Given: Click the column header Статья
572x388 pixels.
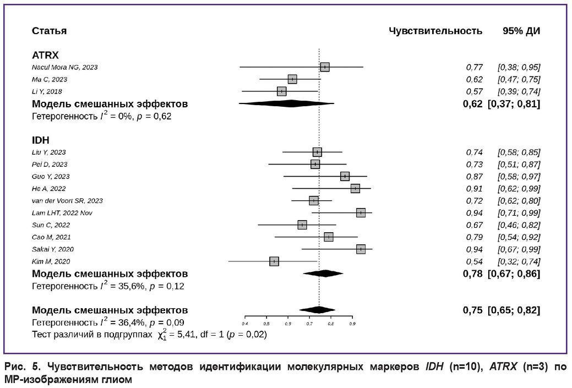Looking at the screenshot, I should coord(49,31).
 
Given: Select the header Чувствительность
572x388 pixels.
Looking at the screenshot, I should coord(435,31).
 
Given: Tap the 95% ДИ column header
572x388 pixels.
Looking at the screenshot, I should coord(521,31).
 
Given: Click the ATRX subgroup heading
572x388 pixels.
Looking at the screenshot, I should coord(45,55).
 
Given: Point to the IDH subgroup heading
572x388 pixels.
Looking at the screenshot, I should coord(41,140).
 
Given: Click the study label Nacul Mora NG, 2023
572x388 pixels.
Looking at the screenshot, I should coord(64,67).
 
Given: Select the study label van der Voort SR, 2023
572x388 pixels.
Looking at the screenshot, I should coord(67,201).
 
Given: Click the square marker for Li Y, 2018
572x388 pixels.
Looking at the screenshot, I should coord(281,91).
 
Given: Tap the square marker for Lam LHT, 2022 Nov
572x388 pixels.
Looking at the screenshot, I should coord(361,213).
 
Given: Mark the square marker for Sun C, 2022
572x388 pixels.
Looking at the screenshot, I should coord(302,225).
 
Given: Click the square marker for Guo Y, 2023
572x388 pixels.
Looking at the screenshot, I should coord(345,177).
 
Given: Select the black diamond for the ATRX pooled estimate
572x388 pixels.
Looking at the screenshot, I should coord(286,103).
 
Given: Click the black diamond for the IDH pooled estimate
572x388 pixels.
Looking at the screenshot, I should coord(323,274).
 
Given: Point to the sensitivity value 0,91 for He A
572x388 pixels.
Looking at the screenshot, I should coord(474,189).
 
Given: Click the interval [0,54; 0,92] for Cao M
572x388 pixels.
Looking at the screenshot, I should coord(518,237).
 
